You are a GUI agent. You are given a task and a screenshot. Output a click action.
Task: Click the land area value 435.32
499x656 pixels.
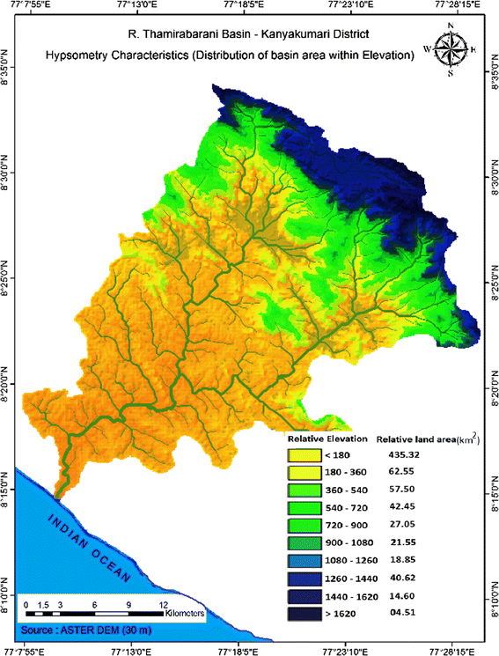coord(404,454)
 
